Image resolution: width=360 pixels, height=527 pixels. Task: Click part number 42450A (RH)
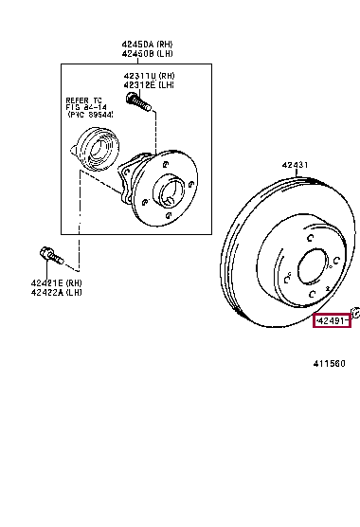pos(147,44)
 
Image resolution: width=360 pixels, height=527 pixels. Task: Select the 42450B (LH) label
pos(147,53)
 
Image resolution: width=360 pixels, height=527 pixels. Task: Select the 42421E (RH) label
pos(57,283)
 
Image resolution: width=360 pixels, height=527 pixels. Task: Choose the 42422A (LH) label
pos(57,293)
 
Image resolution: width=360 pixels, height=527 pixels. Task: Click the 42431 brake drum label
pos(295,165)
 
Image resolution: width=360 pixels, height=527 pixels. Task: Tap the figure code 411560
pos(331,363)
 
